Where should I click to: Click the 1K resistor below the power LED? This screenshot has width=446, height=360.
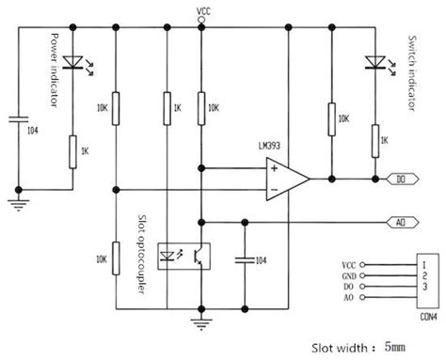click(71, 150)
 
